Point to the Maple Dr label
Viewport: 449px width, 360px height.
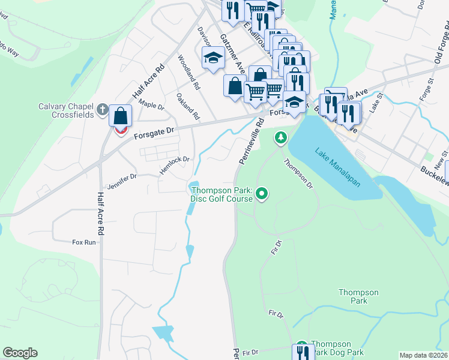[x=151, y=104]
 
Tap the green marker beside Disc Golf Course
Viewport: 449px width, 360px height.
[x=261, y=194]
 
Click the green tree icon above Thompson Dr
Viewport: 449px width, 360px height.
[x=280, y=139]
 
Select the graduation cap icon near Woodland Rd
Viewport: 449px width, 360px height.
[x=212, y=58]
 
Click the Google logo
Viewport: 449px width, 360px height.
[x=20, y=353]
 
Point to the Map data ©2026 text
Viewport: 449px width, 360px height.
[x=423, y=355]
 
